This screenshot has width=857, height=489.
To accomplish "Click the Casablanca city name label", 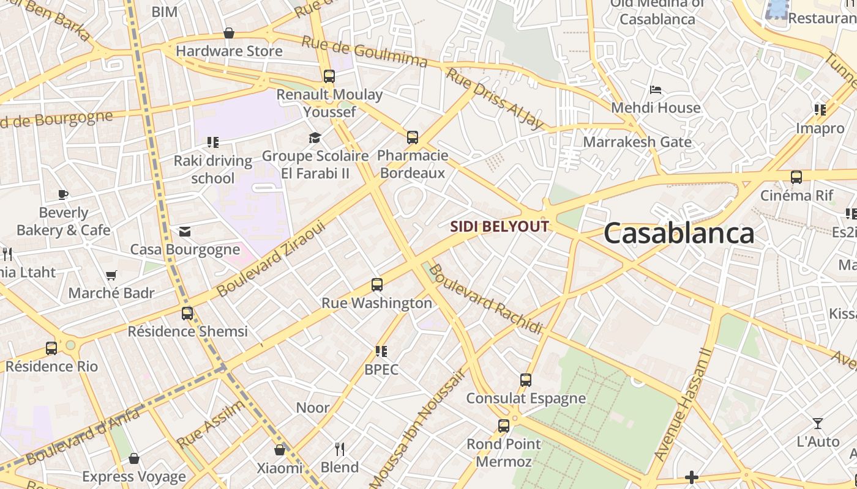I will point(678,233).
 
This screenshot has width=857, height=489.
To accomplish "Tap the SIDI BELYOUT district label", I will point(500,227).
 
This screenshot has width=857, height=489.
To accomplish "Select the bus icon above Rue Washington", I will point(377,285).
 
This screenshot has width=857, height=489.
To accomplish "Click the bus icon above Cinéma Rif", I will point(796,177).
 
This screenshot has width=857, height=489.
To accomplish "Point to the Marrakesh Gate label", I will point(637,142).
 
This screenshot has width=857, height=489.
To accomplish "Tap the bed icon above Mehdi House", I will point(656,90).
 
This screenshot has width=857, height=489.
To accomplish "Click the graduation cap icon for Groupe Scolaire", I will point(315,138).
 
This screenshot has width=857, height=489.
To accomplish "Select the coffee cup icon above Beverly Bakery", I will point(63,195).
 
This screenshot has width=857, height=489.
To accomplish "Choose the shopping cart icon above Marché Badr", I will point(111,276).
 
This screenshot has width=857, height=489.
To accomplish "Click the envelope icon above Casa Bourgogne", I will point(184,232).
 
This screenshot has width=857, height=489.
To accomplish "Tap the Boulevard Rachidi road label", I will point(485,300).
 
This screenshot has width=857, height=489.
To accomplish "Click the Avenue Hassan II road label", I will point(683,405).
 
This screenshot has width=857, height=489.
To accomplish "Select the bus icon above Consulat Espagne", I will point(525,380).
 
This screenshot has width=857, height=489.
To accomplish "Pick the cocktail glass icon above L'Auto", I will point(817,424).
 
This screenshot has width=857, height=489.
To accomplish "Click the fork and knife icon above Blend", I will point(340,449).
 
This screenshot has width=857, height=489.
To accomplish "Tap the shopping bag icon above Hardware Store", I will point(229,33).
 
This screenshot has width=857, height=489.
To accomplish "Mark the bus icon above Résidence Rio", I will point(51,348).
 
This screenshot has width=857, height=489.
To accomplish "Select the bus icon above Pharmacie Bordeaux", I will point(413,138).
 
